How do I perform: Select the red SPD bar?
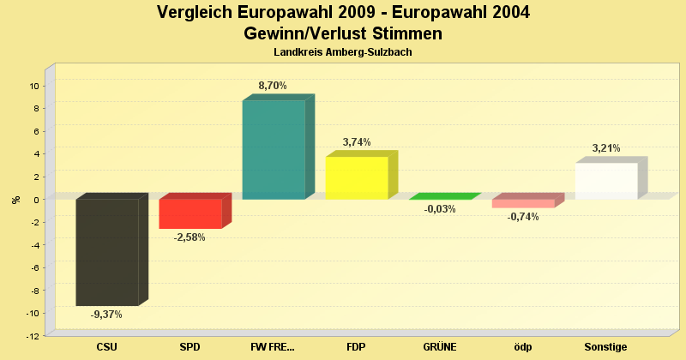coord(190,213)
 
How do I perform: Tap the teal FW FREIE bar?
coord(274,150)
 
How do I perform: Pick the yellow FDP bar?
coord(357,178)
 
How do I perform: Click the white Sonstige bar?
coord(606,181)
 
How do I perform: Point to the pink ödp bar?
coord(523,203)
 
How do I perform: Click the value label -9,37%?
coord(106,315)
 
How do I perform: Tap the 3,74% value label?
coord(356,142)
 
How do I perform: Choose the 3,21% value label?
coord(605,148)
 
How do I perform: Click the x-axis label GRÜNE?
coord(440,347)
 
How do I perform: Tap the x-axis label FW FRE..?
coord(272,347)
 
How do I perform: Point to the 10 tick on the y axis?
coord(33,86)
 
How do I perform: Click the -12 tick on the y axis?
coord(32,336)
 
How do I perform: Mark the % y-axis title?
coord(15,200)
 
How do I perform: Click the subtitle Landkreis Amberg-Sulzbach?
coord(343,52)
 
